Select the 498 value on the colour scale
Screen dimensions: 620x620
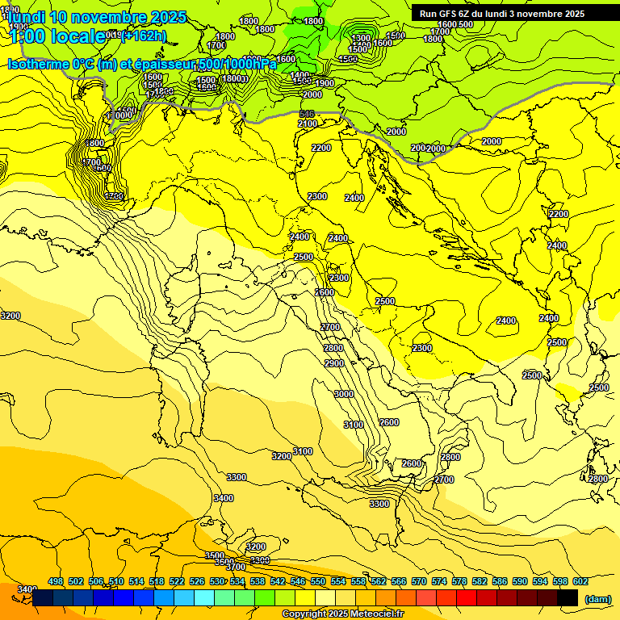point(56,581)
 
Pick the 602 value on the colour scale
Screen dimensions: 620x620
point(580,581)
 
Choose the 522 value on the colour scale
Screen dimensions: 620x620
point(177,581)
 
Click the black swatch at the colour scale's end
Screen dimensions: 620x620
point(568,598)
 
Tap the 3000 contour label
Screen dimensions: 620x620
point(344,394)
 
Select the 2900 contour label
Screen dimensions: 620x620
point(334,363)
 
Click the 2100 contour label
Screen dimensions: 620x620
point(308,124)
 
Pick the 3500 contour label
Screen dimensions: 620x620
point(215,556)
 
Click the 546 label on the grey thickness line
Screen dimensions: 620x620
point(307,115)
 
